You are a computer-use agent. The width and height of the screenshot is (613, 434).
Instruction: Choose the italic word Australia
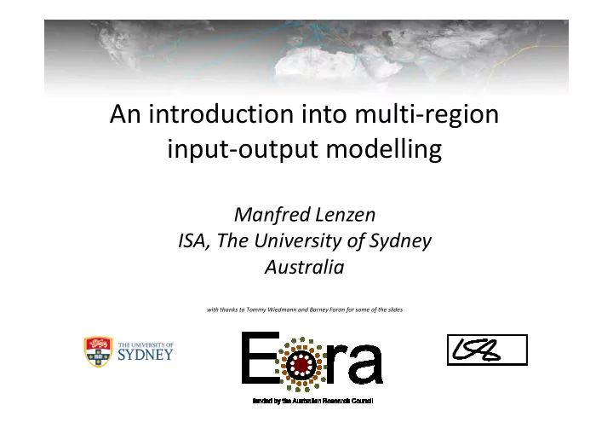[x=305, y=268]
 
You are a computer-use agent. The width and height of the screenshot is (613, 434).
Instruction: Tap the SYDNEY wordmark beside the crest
[x=145, y=355]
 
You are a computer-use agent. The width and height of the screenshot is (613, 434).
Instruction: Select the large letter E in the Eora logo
[x=260, y=359]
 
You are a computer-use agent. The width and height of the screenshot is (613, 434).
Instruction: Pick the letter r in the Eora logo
[x=335, y=365]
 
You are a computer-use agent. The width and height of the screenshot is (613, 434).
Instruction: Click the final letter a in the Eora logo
[x=365, y=365]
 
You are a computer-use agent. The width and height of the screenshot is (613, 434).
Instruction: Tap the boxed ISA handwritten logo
[x=487, y=350]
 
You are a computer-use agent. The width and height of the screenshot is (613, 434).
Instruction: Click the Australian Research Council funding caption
[x=307, y=400]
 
